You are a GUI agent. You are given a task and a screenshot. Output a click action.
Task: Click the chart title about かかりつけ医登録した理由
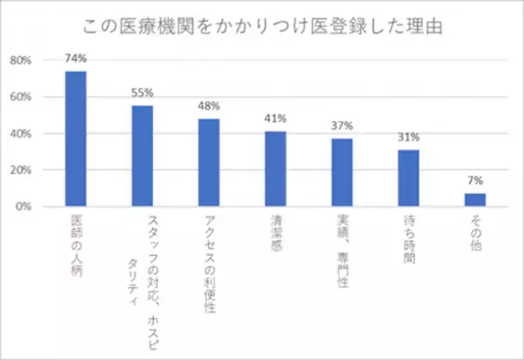coord(262,24)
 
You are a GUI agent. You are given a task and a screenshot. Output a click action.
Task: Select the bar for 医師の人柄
coord(76,139)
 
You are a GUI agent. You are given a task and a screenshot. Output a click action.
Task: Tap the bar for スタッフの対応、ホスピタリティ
coord(142,156)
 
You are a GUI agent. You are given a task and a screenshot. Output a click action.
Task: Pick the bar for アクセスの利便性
coord(209,163)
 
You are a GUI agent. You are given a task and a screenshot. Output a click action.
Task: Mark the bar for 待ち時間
coord(409,178)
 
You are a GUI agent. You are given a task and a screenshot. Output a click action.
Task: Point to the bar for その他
coord(475,200)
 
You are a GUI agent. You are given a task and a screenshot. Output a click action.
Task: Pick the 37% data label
coord(341,126)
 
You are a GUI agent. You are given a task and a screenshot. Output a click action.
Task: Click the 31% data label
coord(409,137)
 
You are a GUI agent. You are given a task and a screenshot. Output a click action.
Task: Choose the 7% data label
coord(475,181)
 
